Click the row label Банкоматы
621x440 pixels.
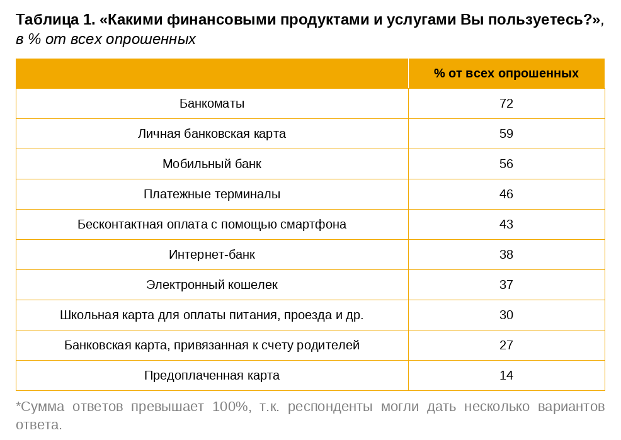[x=212, y=103]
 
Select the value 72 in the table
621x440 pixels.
[x=506, y=103]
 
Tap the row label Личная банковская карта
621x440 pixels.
[x=212, y=133]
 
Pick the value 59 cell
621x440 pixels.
[x=506, y=133]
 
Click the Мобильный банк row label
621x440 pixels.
[x=212, y=164]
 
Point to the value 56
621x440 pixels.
[x=506, y=164]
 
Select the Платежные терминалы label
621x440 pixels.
[x=212, y=194]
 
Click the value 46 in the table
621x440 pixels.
[x=506, y=194]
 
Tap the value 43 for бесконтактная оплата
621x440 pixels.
[x=506, y=224]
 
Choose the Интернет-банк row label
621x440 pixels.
[x=212, y=254]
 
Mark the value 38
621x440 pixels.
[x=506, y=254]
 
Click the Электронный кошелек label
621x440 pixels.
[x=212, y=285]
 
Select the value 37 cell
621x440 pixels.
[x=506, y=285]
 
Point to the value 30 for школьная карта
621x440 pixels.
[x=506, y=315]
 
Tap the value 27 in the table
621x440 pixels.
[x=506, y=345]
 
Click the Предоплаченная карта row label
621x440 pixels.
[x=212, y=375]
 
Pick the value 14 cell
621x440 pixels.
[x=506, y=375]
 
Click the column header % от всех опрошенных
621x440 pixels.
[x=506, y=73]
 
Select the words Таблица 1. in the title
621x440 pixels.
[x=55, y=20]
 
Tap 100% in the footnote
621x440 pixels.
[x=230, y=406]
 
